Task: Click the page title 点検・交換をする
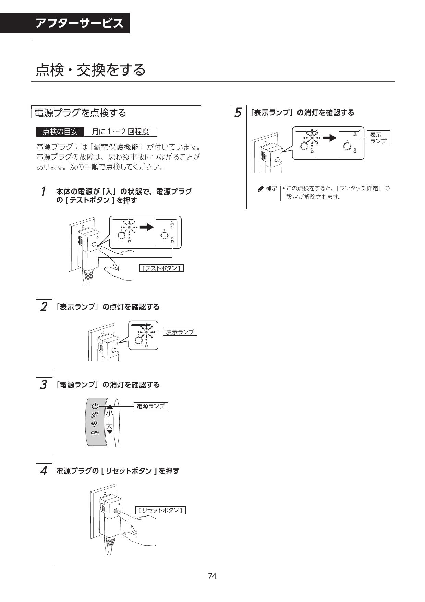pos(91,70)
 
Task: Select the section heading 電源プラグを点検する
pos(81,113)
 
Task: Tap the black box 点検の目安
pos(60,131)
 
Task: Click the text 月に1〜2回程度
pos(120,131)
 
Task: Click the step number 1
pos(43,191)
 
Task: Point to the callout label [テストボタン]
pos(161,268)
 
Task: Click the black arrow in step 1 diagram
pos(146,227)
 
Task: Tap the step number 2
pos(43,306)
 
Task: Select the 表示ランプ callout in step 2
pos(180,332)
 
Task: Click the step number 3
pos(43,385)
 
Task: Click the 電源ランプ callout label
pos(150,406)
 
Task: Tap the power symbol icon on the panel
pos(95,406)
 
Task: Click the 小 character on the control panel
pos(109,413)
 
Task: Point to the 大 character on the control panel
pos(109,426)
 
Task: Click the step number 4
pos(43,471)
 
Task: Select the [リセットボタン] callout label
pos(160,510)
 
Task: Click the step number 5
pos(238,113)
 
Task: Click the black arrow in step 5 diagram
pos(330,138)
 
